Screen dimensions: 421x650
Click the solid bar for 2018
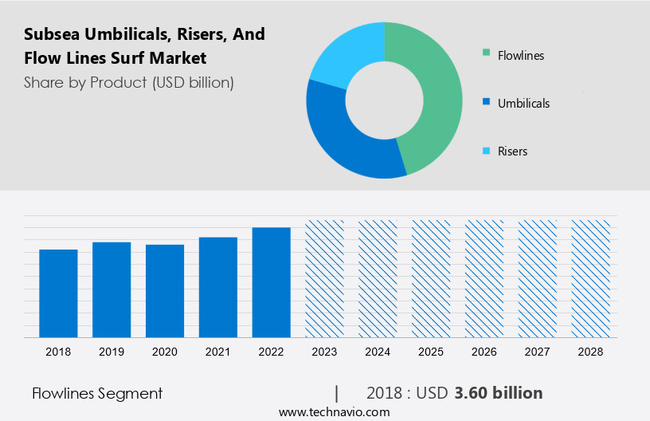(58, 293)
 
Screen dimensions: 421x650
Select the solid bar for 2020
(165, 290)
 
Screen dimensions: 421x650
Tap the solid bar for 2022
(272, 281)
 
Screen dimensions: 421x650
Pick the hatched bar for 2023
(325, 278)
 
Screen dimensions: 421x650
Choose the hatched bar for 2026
(484, 278)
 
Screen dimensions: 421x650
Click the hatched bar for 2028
(591, 278)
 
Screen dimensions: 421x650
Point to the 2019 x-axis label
(112, 351)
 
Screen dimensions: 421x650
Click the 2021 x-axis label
(218, 351)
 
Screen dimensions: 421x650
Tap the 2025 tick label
(431, 351)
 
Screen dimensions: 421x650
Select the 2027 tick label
(538, 351)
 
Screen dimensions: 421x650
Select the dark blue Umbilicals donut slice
(343, 144)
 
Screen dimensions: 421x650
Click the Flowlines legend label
(520, 56)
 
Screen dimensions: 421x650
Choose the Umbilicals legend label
(523, 104)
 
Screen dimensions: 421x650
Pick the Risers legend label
(512, 151)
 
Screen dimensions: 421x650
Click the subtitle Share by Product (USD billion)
(129, 83)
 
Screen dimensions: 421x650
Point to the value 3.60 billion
(499, 393)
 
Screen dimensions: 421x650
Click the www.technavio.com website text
(334, 412)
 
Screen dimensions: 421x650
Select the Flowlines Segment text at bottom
(97, 393)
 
